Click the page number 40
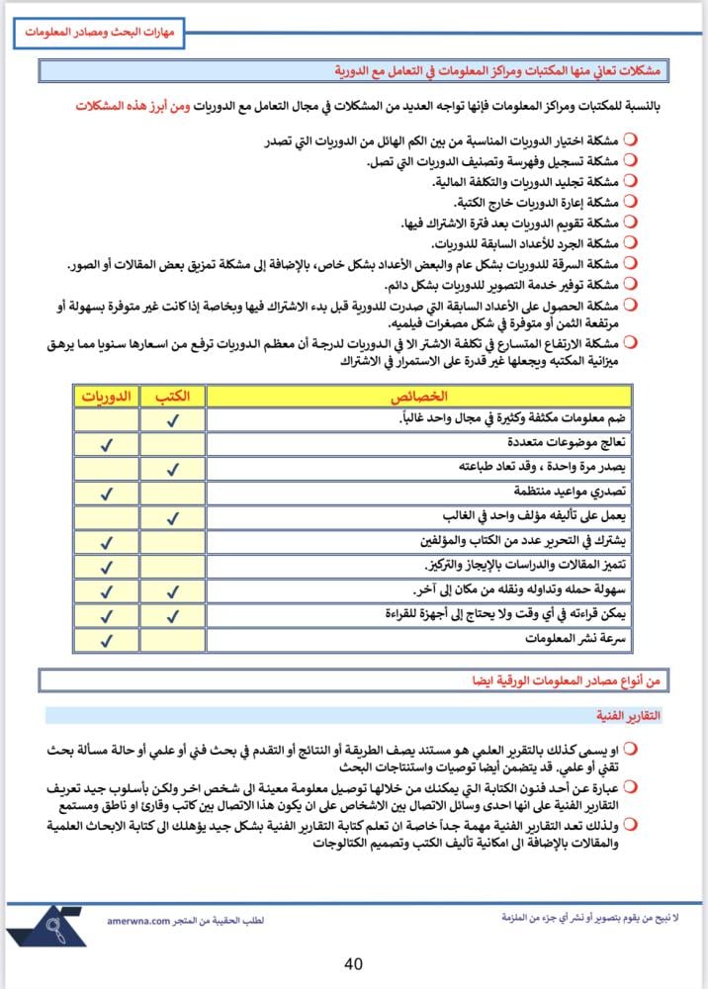coord(354,963)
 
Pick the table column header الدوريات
coord(105,397)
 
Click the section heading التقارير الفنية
coord(629,714)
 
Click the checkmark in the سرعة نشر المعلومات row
coord(105,639)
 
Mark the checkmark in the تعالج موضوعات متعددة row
coord(105,443)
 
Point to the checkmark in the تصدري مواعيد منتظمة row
coord(105,492)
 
